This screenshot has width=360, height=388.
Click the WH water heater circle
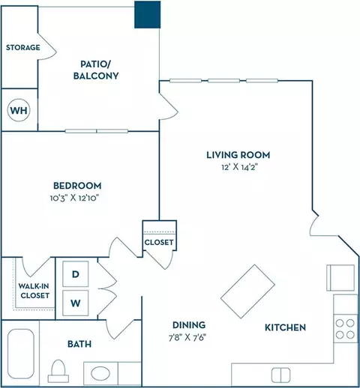[x=19, y=110]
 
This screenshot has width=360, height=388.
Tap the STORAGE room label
[x=23, y=47]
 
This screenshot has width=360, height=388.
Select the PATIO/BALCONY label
[x=96, y=70]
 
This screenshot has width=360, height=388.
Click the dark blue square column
[x=148, y=14]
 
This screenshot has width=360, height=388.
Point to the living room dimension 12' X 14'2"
[x=239, y=167]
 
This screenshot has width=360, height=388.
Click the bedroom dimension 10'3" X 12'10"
[x=74, y=198]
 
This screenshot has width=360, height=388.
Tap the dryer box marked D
[x=76, y=274]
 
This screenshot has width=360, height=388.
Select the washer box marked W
[x=76, y=303]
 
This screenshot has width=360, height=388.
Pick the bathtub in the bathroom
[x=21, y=354]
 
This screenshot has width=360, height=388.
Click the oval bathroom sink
[x=100, y=374]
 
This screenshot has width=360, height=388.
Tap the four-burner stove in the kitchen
[x=345, y=329]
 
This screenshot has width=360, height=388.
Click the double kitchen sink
[x=280, y=375]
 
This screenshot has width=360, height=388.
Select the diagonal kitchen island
[x=247, y=291]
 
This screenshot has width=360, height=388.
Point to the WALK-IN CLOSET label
[x=34, y=291]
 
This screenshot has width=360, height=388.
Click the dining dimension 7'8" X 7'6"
[x=187, y=338]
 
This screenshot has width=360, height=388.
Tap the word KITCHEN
[x=285, y=327]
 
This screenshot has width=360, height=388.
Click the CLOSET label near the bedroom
[x=159, y=242]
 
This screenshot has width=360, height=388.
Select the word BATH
[x=79, y=344]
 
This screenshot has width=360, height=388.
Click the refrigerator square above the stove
[x=340, y=278]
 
